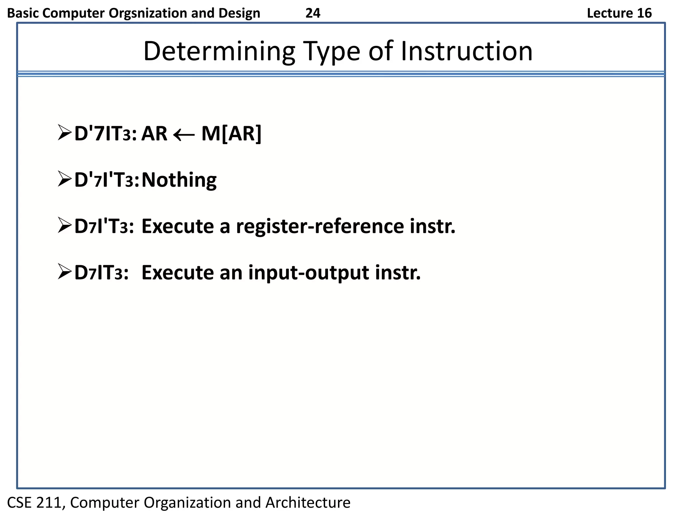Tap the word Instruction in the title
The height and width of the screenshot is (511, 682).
(466, 52)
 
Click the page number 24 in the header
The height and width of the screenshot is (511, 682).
(313, 13)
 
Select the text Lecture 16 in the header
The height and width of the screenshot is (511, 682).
(619, 13)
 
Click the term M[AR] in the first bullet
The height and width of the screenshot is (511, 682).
(231, 134)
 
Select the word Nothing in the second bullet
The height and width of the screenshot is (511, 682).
(179, 180)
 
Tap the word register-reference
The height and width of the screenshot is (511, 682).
(319, 227)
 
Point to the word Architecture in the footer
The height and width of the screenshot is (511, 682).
(308, 502)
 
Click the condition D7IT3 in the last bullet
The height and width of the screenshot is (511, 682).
(101, 273)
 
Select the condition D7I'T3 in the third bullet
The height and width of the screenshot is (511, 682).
(104, 227)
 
